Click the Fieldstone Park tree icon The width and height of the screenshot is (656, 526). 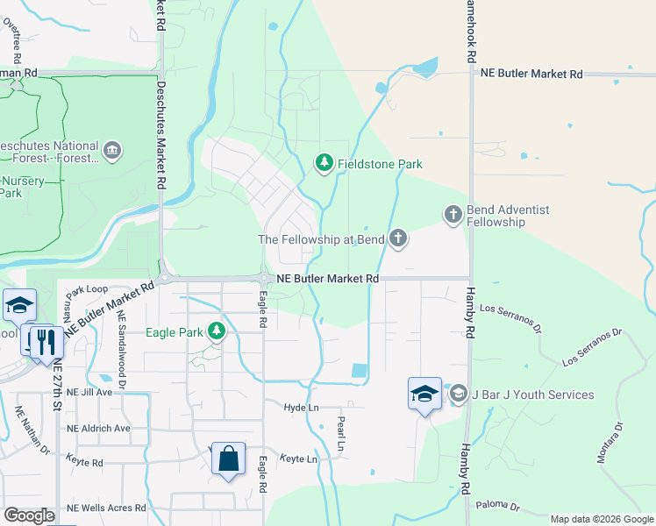(324, 163)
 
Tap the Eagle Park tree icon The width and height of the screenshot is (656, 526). (217, 332)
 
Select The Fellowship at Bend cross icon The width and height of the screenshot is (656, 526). (399, 238)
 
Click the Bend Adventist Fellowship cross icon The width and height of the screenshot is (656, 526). (453, 215)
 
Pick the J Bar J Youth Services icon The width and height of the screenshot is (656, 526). (458, 394)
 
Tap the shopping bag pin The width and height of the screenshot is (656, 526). (228, 458)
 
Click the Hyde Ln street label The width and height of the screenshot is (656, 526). (301, 408)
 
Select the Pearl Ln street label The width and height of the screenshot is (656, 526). (341, 432)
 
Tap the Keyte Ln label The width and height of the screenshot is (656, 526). (298, 458)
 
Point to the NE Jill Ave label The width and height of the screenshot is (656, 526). (90, 392)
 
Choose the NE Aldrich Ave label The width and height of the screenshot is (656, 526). (98, 428)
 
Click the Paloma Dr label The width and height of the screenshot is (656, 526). (498, 507)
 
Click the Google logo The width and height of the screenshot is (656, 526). (29, 515)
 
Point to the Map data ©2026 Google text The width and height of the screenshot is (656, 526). (602, 519)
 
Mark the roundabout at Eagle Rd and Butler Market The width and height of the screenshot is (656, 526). (264, 278)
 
